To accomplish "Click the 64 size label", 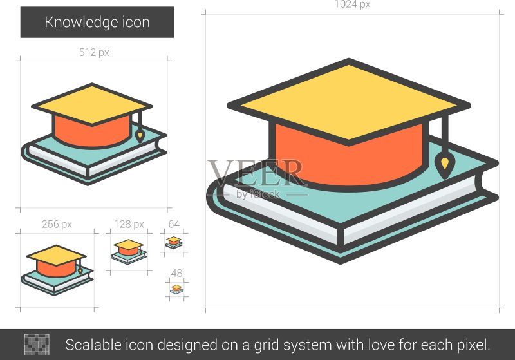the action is pyautogui.click(x=174, y=224).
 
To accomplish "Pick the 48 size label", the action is pyautogui.click(x=176, y=273).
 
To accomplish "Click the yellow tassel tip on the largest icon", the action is pyautogui.click(x=444, y=163).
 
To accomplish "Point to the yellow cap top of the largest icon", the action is pyautogui.click(x=349, y=102).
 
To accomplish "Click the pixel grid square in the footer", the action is pyautogui.click(x=37, y=345).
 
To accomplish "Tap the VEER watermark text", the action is pyautogui.click(x=256, y=173).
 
